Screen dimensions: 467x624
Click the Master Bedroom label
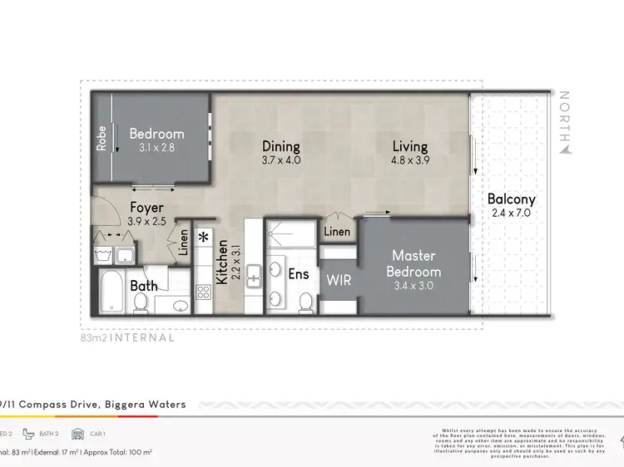(x=416, y=263)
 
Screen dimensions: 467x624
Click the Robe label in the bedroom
(x=102, y=138)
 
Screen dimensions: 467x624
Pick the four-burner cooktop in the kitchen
(x=203, y=292)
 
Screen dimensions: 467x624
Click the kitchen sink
(x=255, y=272)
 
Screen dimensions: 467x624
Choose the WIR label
(x=338, y=280)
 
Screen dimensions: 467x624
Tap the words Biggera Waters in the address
(x=147, y=405)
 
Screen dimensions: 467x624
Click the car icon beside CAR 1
(x=78, y=434)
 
